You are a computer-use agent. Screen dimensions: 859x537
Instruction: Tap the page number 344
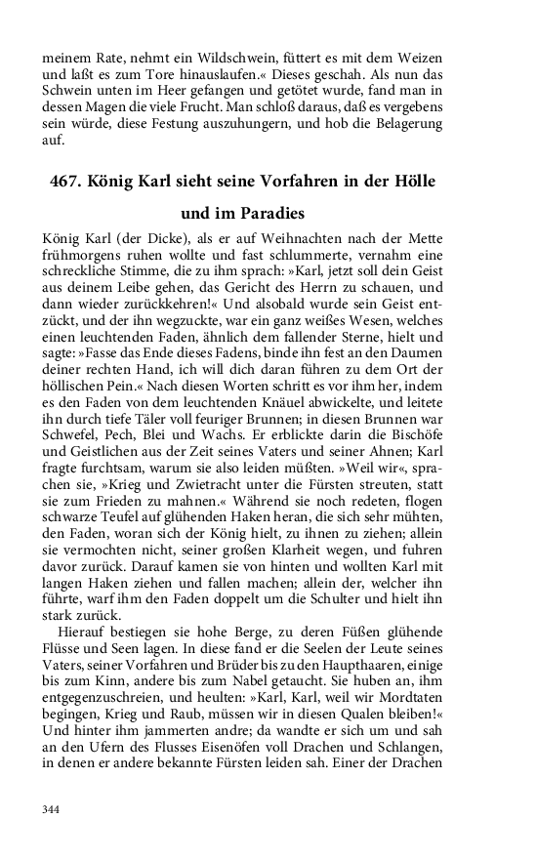pos(51,809)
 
